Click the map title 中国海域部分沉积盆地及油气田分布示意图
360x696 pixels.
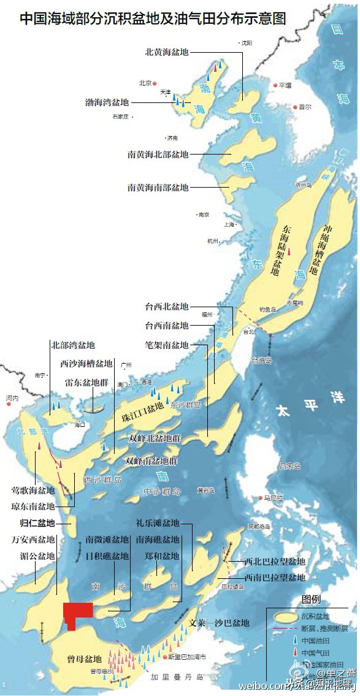pyautogui.click(x=153, y=18)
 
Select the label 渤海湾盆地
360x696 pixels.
pyautogui.click(x=107, y=102)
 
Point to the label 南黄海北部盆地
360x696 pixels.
pyautogui.click(x=158, y=154)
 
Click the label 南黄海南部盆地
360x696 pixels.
pyautogui.click(x=158, y=187)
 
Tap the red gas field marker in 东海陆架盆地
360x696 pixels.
pyautogui.click(x=289, y=251)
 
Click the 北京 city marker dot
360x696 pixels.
pyautogui.click(x=155, y=83)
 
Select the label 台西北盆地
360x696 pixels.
pyautogui.click(x=166, y=307)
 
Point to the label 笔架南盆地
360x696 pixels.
pyautogui.click(x=166, y=345)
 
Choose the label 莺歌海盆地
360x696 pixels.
pyautogui.click(x=33, y=491)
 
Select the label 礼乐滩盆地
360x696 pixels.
pyautogui.click(x=158, y=523)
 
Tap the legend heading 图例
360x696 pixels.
pyautogui.click(x=311, y=599)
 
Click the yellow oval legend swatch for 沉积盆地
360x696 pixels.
pyautogui.click(x=283, y=616)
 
